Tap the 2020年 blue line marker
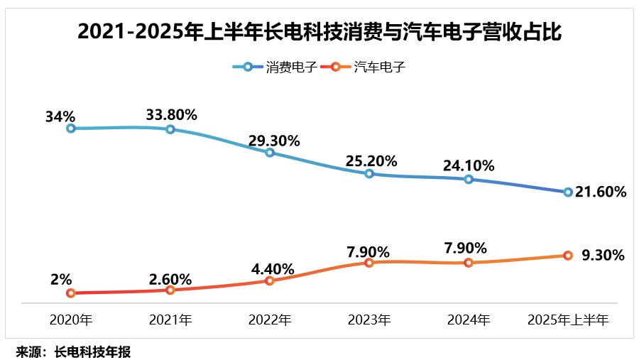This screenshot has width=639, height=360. click(x=71, y=129)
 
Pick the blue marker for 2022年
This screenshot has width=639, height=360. click(x=270, y=153)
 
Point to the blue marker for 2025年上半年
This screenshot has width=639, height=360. click(x=568, y=192)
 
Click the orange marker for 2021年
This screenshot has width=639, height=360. click(x=170, y=290)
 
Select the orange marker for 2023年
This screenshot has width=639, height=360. click(x=369, y=263)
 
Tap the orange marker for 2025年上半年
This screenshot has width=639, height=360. click(x=568, y=255)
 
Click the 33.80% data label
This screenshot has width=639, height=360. click(x=171, y=114)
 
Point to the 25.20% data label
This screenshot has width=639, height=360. click(x=371, y=161)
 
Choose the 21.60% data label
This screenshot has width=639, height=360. click(x=601, y=192)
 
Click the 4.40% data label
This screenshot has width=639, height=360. click(x=271, y=269)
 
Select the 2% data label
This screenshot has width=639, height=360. click(x=62, y=280)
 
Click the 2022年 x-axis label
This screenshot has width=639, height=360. click(x=270, y=320)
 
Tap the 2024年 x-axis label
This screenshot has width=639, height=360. click(x=469, y=320)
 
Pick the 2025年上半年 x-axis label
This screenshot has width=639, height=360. click(x=568, y=320)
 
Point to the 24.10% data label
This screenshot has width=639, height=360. click(x=469, y=166)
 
